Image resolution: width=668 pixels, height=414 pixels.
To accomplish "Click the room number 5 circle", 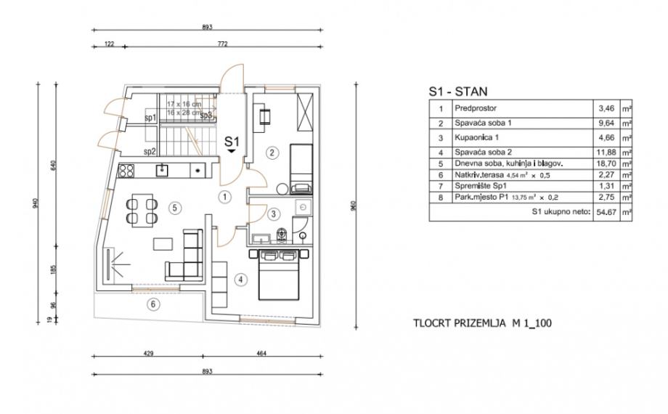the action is pyautogui.click(x=174, y=207).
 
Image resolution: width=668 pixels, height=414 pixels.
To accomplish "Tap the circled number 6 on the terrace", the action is pyautogui.click(x=152, y=304).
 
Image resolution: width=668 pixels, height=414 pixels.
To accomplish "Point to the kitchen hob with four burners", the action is pyautogui.click(x=126, y=172).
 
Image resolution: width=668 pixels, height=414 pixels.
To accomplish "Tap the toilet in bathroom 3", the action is pyautogui.click(x=282, y=235).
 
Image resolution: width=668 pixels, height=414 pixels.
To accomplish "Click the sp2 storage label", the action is pyautogui.click(x=150, y=152).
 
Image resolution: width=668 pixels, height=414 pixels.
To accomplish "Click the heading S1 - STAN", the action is pyautogui.click(x=458, y=92).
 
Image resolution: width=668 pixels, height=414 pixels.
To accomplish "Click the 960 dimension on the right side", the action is pyautogui.click(x=354, y=204).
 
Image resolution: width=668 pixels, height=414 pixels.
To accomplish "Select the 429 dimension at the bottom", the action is pyautogui.click(x=148, y=354).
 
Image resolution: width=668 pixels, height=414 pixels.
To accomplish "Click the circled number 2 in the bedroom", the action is pyautogui.click(x=271, y=153).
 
